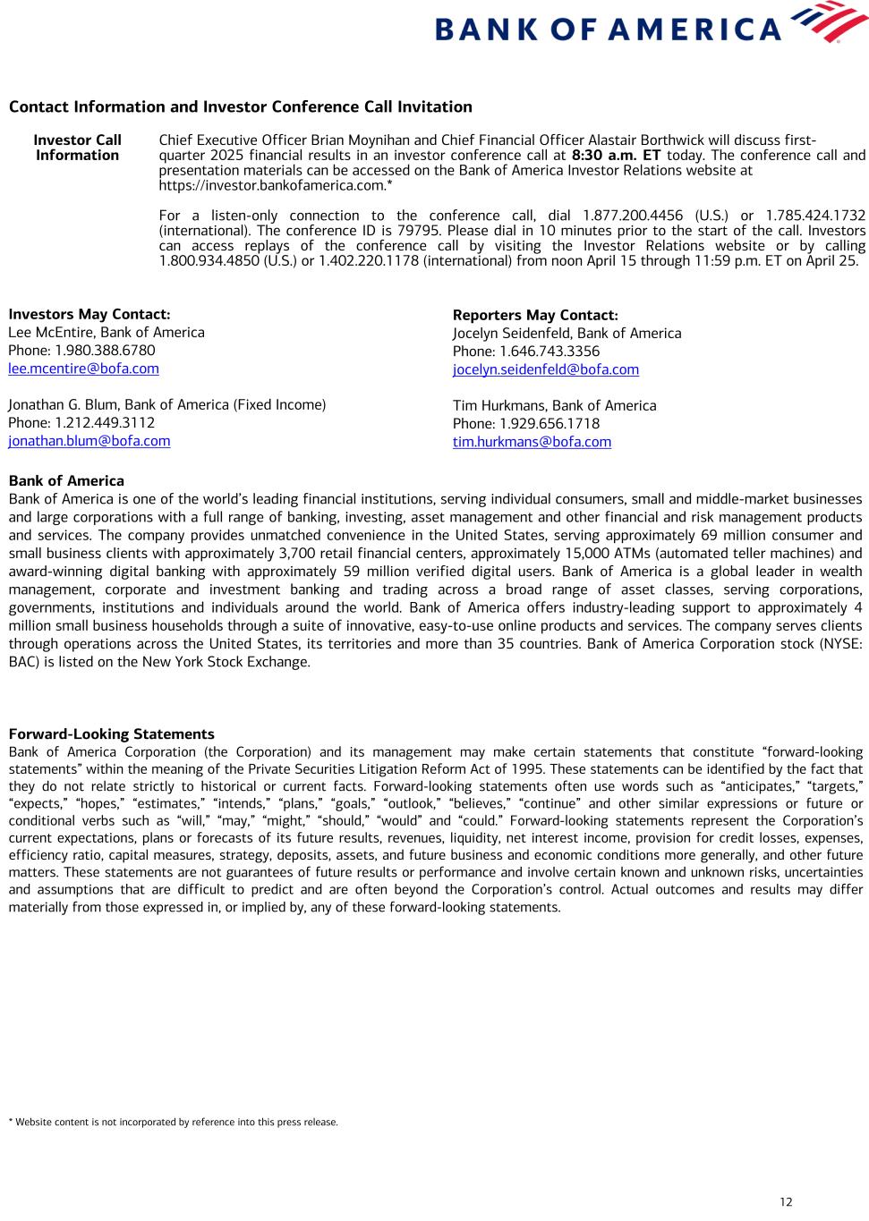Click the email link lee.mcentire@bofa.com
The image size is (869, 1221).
coord(83,369)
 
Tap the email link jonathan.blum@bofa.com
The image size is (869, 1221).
coord(89,441)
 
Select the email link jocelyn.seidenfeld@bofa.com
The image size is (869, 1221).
coord(545,369)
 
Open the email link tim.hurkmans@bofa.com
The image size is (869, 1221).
coord(532,442)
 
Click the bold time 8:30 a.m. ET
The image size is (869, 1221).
coord(615,156)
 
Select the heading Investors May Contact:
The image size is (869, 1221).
coord(89,314)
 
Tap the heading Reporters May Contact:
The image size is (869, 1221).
coord(534,315)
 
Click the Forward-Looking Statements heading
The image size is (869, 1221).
coord(111,734)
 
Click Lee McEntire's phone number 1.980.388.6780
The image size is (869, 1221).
coord(104,351)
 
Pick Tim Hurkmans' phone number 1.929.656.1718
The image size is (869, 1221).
coord(549,424)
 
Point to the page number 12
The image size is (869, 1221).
coord(785,1201)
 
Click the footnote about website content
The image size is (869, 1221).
coord(173,1122)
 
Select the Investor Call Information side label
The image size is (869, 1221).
coord(77,148)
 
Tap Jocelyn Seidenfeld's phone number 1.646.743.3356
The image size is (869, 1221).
coord(549,352)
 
